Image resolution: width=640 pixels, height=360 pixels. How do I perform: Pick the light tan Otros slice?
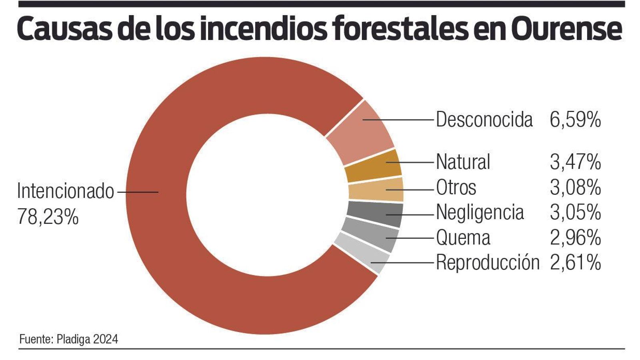[x=376, y=190]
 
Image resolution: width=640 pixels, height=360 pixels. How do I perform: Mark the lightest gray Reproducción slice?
[x=362, y=254]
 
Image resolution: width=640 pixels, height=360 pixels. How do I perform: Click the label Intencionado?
[x=66, y=191]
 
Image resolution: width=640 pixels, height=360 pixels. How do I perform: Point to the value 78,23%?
[x=48, y=217]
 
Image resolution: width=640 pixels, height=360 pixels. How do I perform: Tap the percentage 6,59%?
[x=575, y=120]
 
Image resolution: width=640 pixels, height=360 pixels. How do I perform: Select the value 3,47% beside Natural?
[x=575, y=162]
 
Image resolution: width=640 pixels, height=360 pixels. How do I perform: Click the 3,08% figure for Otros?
[x=575, y=187]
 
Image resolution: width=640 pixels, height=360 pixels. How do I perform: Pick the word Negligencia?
[x=480, y=212]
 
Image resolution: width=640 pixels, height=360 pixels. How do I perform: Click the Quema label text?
[x=463, y=238]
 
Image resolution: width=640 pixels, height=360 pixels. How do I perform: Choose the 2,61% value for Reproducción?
[x=575, y=262]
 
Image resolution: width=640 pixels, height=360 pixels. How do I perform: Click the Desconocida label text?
[x=484, y=120]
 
